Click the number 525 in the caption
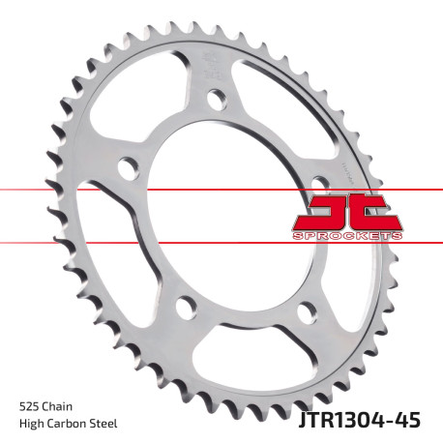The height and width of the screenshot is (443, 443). coord(29,405)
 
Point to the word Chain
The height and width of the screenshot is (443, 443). coord(62,405)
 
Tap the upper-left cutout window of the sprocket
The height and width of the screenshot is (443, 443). coord(145,106)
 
